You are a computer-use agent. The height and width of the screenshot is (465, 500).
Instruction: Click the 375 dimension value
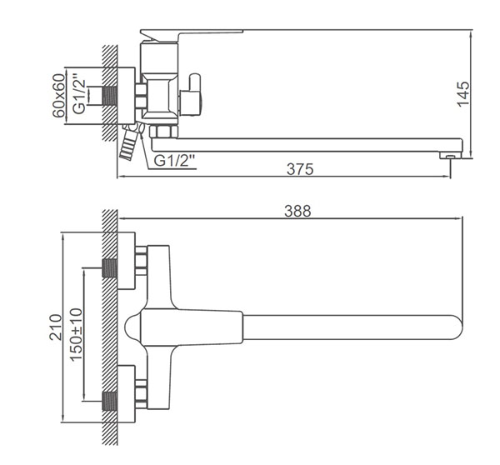[300, 169]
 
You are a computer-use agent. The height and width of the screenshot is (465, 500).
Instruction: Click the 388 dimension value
[297, 211]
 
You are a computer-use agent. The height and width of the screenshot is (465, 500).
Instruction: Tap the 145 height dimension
[463, 94]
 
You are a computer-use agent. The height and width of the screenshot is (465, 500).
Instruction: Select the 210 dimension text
[56, 327]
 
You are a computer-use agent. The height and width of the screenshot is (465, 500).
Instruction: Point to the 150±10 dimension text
[77, 334]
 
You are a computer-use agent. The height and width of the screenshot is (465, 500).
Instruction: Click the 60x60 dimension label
[58, 96]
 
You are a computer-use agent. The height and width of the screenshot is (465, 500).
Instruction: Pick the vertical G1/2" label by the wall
[79, 94]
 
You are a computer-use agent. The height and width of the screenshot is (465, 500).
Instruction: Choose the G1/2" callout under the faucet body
[174, 161]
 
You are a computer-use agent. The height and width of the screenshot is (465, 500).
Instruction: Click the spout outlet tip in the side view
[450, 155]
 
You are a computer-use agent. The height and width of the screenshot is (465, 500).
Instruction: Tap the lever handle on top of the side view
[192, 35]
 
